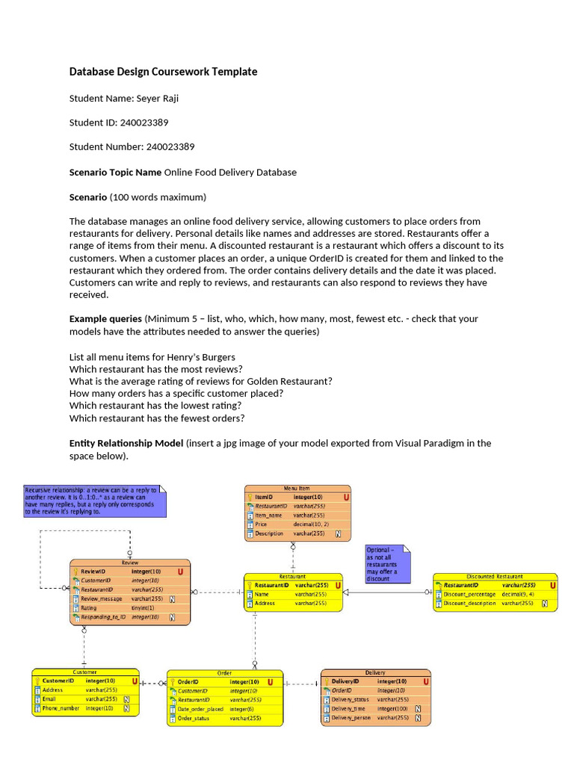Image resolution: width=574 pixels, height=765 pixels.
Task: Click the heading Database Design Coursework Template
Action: (x=163, y=72)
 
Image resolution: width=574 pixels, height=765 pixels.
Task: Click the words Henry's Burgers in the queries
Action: (x=203, y=356)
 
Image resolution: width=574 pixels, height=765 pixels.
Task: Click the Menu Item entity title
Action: (x=297, y=488)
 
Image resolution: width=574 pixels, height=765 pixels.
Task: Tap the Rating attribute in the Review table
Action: (x=90, y=608)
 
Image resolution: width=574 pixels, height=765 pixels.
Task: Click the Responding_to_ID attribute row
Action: (x=104, y=618)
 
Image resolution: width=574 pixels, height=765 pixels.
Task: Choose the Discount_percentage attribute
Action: (x=469, y=594)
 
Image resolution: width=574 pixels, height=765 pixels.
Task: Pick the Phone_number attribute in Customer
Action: (x=61, y=707)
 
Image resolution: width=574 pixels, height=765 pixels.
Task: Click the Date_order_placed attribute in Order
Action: (x=200, y=709)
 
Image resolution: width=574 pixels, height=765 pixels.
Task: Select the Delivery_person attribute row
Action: (x=351, y=718)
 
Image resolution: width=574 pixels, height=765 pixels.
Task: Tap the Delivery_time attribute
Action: (x=348, y=708)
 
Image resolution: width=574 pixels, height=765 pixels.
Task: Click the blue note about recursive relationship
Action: (x=93, y=501)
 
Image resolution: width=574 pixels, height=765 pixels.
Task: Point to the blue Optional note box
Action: (x=386, y=564)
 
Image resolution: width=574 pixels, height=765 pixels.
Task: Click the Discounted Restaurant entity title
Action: (x=494, y=576)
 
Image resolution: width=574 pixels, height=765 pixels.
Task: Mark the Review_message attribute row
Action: (x=101, y=598)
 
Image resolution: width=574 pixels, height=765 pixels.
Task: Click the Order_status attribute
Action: (x=194, y=718)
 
